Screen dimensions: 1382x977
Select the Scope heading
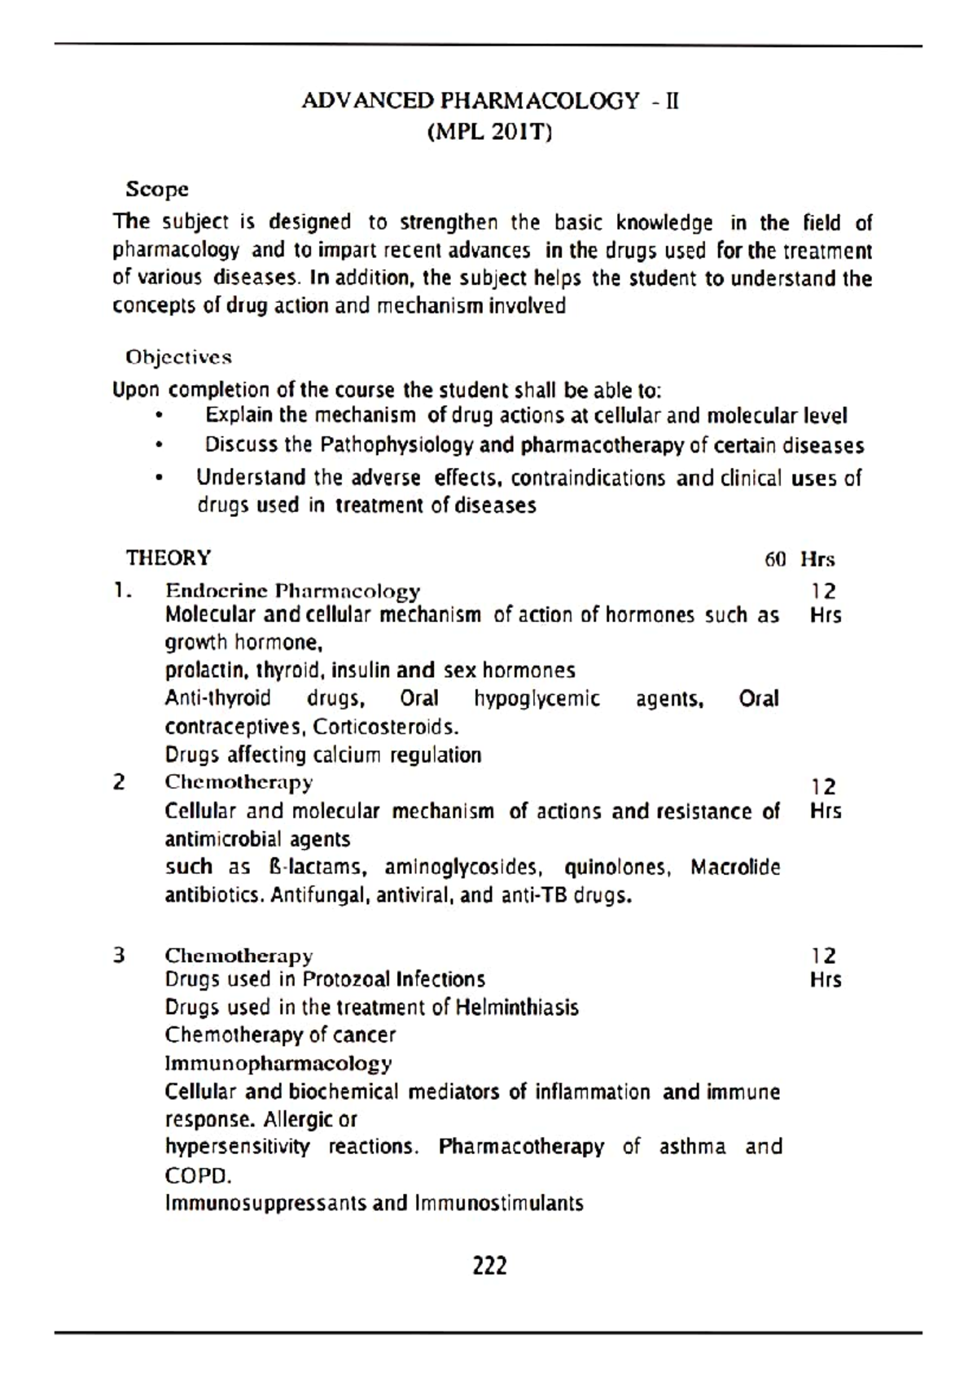pos(157,190)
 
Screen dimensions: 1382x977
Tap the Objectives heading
pos(178,357)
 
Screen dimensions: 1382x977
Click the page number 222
pos(489,1266)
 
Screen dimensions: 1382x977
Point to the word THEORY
pos(168,558)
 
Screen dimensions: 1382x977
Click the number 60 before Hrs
pos(775,560)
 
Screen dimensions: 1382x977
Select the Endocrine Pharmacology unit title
pos(292,590)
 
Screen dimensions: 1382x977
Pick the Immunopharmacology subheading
pos(278,1064)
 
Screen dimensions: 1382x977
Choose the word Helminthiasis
pos(517,1008)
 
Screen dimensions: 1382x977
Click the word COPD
pos(198,1176)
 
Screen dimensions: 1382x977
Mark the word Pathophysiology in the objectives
pos(396,446)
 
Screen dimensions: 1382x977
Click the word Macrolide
pos(735,868)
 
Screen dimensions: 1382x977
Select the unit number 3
pos(120,956)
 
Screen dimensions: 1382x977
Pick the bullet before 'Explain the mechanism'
pos(160,417)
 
